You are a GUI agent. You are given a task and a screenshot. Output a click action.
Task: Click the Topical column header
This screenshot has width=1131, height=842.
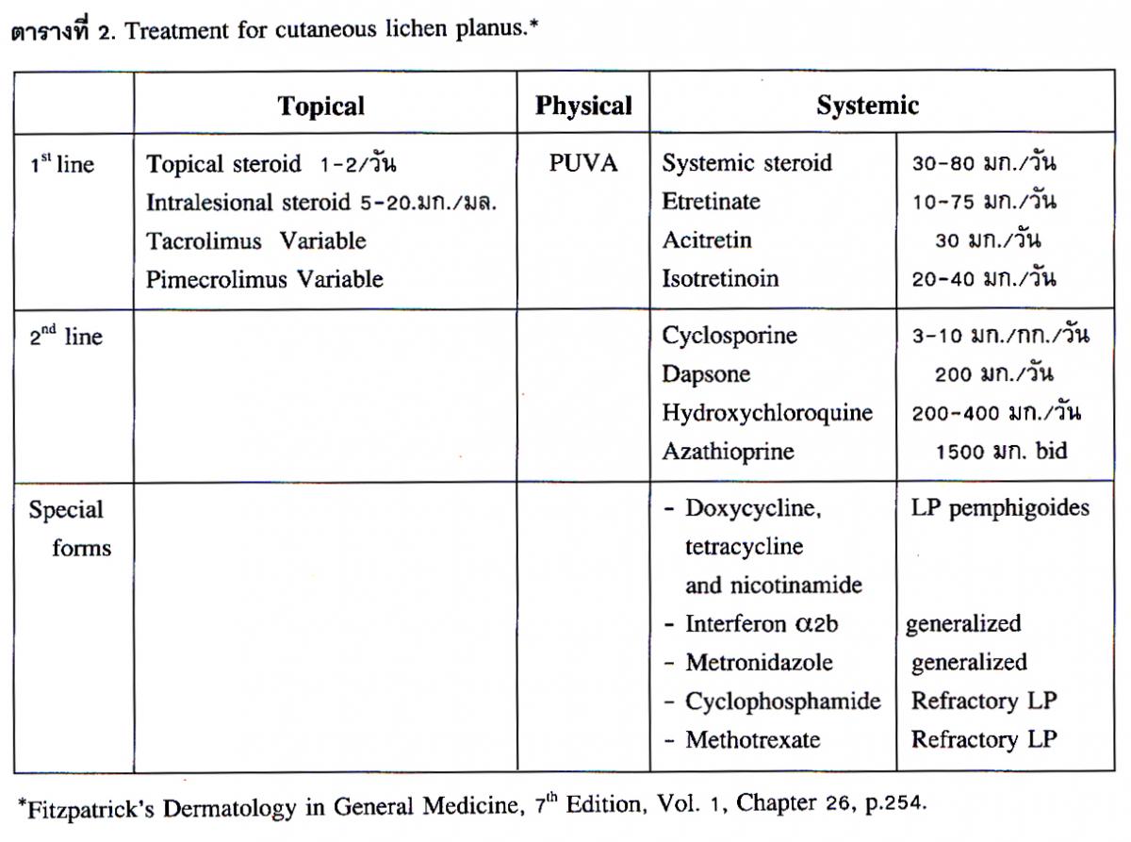320,106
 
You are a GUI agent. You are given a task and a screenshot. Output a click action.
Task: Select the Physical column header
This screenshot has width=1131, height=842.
583,106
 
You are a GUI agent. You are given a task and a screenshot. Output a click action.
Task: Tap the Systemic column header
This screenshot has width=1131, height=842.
867,106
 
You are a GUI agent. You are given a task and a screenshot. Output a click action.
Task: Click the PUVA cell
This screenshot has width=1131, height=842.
583,163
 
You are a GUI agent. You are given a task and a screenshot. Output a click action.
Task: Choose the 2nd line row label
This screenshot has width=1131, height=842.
65,337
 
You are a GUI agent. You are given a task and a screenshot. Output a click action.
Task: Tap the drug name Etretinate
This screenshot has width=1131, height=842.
711,202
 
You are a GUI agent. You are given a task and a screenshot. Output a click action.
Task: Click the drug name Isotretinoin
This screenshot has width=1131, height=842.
720,279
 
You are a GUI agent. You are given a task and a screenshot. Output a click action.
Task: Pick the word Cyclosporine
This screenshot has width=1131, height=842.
729,337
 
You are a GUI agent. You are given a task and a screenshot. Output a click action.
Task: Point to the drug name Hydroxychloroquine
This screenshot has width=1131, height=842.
766,413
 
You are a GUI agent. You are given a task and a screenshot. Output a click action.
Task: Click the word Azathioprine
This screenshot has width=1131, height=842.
728,452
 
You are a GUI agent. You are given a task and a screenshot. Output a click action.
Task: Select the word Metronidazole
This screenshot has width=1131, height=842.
759,663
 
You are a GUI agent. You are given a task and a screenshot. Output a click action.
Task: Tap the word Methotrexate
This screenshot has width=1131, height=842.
752,740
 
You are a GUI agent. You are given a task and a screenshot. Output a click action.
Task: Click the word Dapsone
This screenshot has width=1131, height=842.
706,375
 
